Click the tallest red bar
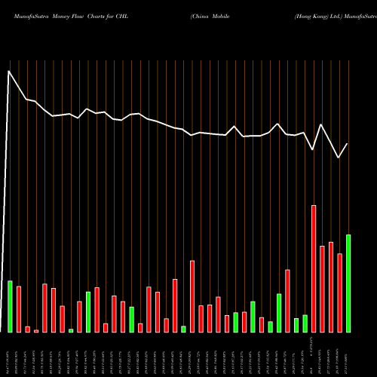[314, 268]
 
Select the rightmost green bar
[348, 284]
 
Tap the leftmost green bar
[11, 306]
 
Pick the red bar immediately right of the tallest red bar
[322, 289]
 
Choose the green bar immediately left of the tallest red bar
[305, 323]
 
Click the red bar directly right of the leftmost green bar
[19, 309]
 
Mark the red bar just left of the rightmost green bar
[339, 293]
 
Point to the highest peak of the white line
[9, 72]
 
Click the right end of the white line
[348, 144]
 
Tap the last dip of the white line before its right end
[339, 158]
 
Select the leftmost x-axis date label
[11, 354]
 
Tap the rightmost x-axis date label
[348, 354]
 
